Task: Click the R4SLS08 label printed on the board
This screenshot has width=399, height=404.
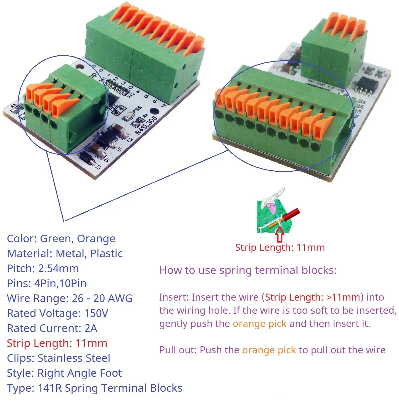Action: point(146,125)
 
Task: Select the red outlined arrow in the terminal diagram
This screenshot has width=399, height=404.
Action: point(280,235)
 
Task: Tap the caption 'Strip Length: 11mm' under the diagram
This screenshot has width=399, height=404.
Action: point(280,248)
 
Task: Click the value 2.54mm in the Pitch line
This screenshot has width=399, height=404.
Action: point(59,269)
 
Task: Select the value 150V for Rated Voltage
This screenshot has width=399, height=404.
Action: point(96,313)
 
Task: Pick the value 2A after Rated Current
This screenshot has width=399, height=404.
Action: point(91,328)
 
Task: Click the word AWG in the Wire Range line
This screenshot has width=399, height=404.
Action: point(121,299)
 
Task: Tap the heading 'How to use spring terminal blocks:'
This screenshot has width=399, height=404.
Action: point(248,270)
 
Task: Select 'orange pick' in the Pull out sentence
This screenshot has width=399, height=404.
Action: point(269,350)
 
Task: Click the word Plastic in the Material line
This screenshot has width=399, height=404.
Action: point(106,254)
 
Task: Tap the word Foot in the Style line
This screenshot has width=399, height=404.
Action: point(111,373)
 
